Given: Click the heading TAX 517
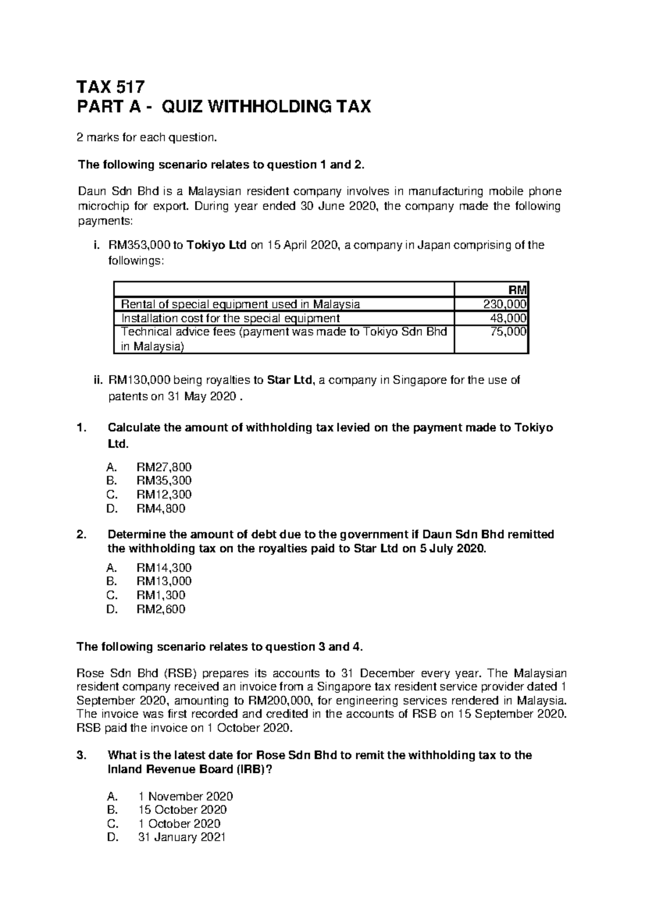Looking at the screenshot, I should point(111,86).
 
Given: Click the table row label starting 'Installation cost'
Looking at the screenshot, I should point(231,318).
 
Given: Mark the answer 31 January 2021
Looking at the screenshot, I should point(182,837).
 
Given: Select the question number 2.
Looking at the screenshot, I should point(81,535).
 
